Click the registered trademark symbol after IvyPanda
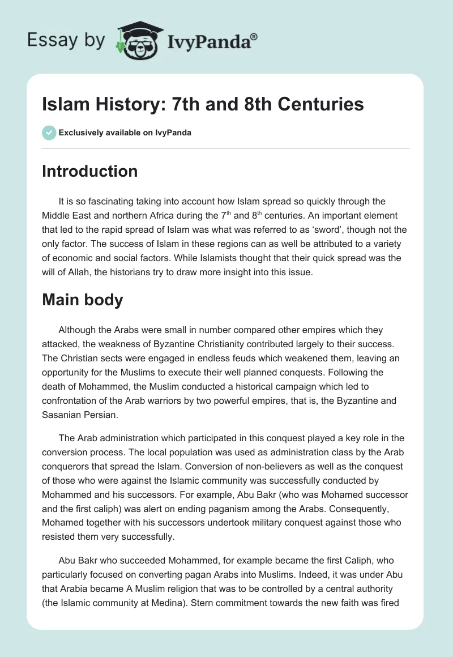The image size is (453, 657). (254, 37)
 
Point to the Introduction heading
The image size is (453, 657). (89, 171)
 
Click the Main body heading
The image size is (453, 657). (82, 300)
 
